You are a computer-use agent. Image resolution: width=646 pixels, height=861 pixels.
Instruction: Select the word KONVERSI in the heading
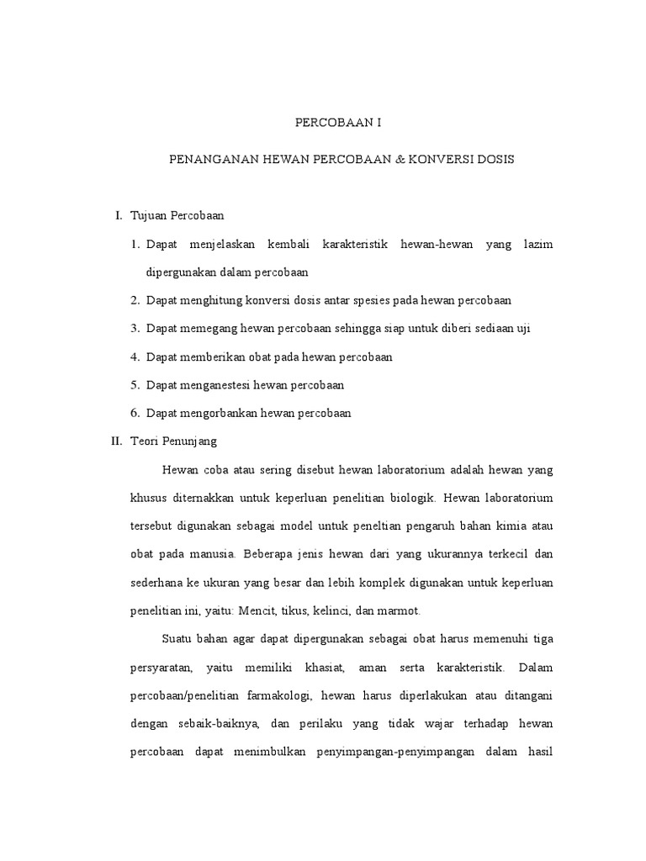pos(441,158)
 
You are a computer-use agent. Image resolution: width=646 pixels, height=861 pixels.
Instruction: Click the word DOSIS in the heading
pos(496,158)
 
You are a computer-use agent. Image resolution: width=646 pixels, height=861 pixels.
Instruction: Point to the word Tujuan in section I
pos(148,216)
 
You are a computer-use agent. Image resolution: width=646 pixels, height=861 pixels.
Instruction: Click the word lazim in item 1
pos(537,244)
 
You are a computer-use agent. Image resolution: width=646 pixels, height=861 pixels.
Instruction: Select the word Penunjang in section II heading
pos(190,441)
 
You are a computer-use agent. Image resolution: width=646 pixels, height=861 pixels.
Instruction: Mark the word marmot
pos(400,611)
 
